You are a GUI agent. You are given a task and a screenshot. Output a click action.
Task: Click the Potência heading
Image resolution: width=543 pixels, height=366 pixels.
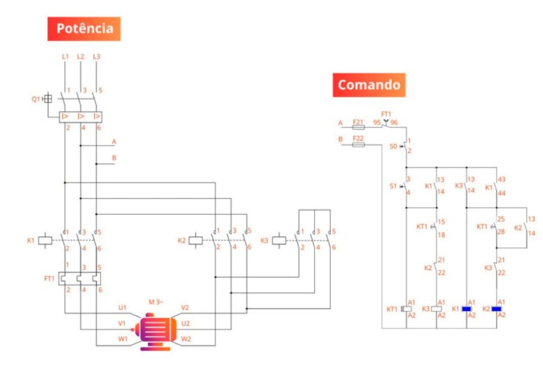[84, 28]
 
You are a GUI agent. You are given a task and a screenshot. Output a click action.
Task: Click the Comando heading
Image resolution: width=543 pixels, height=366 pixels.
[369, 85]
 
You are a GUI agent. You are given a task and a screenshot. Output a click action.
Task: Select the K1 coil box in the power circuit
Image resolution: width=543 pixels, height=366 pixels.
[45, 240]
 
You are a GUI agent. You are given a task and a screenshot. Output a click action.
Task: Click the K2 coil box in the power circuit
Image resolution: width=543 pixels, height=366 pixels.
[195, 240]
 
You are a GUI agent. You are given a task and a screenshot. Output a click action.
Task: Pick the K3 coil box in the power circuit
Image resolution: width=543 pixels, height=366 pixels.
[278, 240]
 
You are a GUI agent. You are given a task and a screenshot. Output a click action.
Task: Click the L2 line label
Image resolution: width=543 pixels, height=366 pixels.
[80, 57]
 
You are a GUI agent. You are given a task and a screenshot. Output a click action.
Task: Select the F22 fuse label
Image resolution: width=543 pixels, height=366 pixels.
[358, 139]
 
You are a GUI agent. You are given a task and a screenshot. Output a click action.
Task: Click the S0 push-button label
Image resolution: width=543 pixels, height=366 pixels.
[393, 146]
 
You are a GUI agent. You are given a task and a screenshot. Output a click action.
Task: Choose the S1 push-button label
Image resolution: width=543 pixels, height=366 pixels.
[393, 186]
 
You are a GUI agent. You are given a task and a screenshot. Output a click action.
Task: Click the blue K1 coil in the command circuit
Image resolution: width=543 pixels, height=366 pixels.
[466, 309]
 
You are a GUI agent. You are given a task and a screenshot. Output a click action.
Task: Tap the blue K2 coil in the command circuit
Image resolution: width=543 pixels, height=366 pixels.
[497, 309]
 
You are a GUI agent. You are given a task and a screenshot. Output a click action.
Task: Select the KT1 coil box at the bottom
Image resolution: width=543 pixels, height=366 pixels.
[406, 309]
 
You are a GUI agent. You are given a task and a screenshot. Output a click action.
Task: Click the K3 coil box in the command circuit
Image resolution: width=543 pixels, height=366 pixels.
[436, 309]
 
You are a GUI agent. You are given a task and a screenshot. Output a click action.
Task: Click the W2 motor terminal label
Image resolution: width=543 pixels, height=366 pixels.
[186, 339]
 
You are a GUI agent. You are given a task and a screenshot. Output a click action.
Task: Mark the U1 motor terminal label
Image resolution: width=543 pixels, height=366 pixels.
[122, 307]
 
